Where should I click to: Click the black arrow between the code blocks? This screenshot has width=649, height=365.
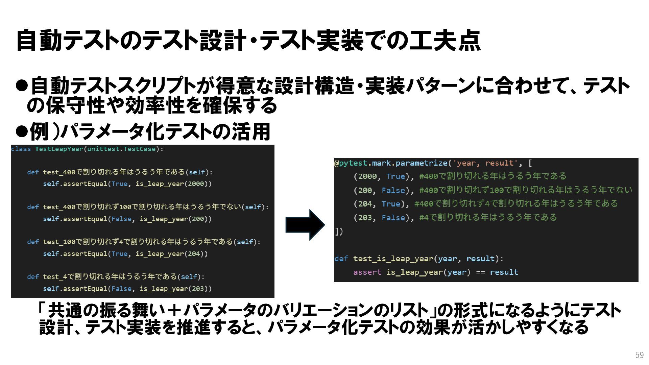pyautogui.click(x=305, y=225)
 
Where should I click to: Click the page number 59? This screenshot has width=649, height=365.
pyautogui.click(x=639, y=355)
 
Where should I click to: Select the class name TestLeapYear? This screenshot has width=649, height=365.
pyautogui.click(x=59, y=149)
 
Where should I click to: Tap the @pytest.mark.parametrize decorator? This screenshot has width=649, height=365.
pyautogui.click(x=391, y=163)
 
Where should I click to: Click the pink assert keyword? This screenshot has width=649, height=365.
pyautogui.click(x=367, y=272)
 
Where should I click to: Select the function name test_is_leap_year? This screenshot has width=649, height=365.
pyautogui.click(x=393, y=259)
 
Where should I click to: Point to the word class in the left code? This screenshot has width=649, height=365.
pyautogui.click(x=21, y=149)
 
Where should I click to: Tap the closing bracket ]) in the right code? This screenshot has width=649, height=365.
pyautogui.click(x=339, y=232)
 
